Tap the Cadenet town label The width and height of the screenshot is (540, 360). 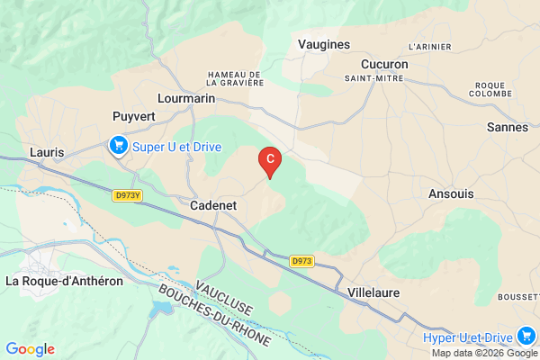tap(213, 206)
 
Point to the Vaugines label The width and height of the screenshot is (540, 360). tap(323, 42)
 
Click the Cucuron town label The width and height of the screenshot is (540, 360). tap(384, 65)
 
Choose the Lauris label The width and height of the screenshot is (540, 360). tap(47, 152)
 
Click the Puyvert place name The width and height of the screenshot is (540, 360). tap(135, 116)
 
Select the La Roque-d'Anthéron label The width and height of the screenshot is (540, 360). tap(63, 281)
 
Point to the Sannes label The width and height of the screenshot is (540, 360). tap(507, 128)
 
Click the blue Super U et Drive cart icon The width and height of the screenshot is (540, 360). tap(118, 145)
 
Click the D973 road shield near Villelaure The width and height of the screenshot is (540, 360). tap(301, 261)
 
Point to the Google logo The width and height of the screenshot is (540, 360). tap(30, 349)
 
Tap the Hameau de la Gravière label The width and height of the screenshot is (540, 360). tap(234, 78)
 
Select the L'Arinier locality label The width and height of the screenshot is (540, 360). tap(428, 46)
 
